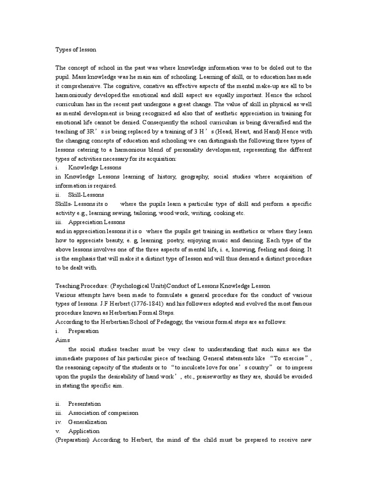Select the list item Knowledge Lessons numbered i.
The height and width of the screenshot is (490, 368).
pos(94,168)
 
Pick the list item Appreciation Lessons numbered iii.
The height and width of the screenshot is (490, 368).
pos(96,222)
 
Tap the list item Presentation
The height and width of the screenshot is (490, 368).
pos(84,403)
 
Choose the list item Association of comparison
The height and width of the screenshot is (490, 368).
pos(103,413)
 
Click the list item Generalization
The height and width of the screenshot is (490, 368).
pos(88,422)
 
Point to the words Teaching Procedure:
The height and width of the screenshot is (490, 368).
pos(81,286)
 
